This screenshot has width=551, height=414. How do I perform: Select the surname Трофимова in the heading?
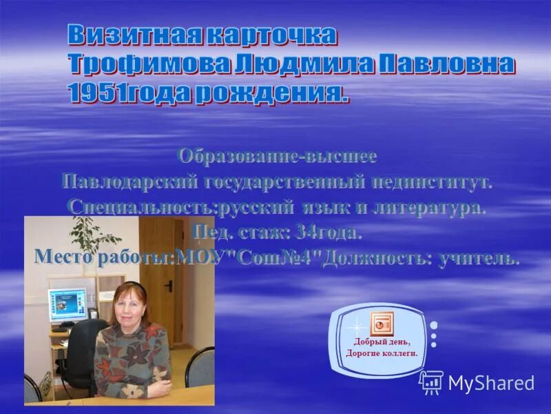(x=147, y=65)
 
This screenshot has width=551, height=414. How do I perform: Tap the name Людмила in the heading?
(x=296, y=65)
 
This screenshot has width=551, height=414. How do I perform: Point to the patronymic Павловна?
(x=447, y=65)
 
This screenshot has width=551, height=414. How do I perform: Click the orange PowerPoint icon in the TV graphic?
(x=380, y=323)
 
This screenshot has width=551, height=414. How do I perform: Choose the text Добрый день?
(x=382, y=342)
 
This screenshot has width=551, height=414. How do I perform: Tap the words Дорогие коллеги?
(x=382, y=353)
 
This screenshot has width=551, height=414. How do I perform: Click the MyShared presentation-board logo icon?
(x=431, y=382)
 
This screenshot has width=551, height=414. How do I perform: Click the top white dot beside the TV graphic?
(x=434, y=325)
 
